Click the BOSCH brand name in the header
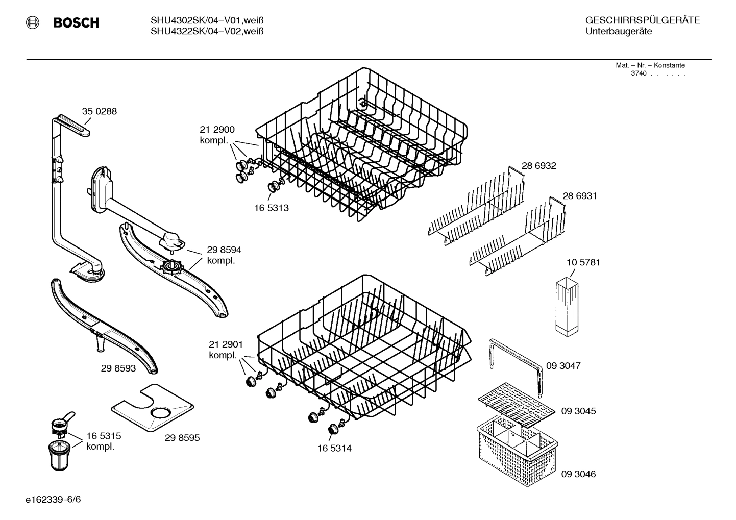(76, 23)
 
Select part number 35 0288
(100, 111)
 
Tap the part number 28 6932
(538, 166)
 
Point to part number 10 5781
(583, 262)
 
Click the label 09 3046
(578, 474)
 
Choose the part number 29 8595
(182, 438)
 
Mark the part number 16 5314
(334, 449)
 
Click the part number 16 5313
(271, 208)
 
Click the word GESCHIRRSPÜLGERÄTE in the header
(642, 21)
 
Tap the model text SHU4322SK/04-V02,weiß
(207, 32)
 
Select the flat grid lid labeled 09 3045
(516, 405)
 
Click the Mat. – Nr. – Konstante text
(650, 65)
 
